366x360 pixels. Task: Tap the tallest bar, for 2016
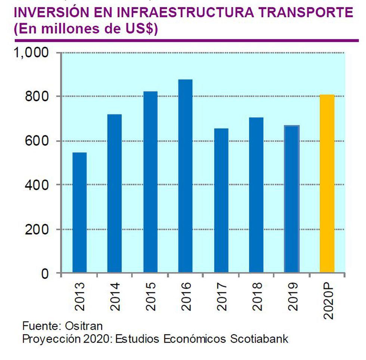click(x=185, y=176)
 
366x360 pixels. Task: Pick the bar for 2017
click(x=221, y=200)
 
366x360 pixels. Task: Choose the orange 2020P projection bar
click(x=327, y=184)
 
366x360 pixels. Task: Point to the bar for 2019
click(x=292, y=199)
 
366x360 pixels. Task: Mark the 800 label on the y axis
click(x=37, y=97)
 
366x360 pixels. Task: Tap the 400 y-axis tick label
click(x=37, y=185)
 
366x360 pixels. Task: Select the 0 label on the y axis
click(x=44, y=274)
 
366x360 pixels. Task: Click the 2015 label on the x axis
click(x=151, y=296)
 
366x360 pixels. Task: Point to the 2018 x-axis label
click(x=257, y=296)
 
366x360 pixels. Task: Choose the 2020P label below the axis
click(x=328, y=301)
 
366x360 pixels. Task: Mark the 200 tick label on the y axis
click(x=37, y=230)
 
